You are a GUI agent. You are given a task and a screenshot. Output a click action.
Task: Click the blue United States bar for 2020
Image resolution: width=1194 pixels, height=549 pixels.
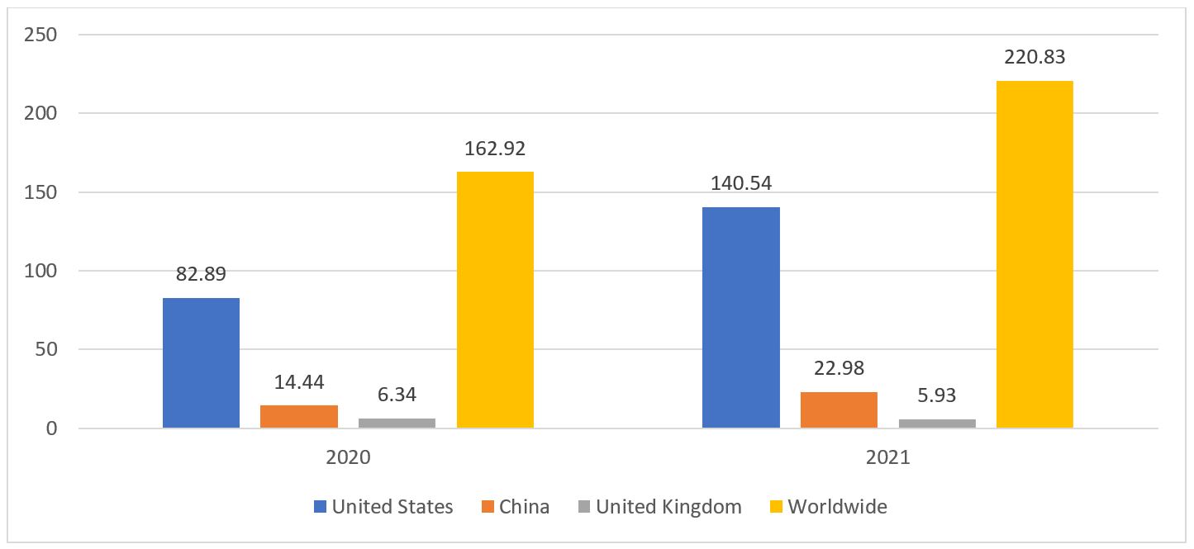point(201,363)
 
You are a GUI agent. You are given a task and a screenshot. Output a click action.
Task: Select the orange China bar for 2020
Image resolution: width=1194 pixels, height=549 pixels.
point(298,417)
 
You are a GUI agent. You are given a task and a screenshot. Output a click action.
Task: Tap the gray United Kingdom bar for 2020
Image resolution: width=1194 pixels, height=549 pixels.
point(397,423)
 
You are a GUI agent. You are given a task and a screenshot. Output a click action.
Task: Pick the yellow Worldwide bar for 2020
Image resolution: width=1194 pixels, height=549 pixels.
point(494,300)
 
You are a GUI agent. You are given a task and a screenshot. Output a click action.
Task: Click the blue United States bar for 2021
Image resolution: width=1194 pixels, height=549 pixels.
point(740,318)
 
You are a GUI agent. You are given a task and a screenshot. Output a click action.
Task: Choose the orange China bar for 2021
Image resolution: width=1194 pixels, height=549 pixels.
point(839,410)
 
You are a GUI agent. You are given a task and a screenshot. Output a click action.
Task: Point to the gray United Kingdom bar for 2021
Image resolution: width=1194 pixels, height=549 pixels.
point(936,424)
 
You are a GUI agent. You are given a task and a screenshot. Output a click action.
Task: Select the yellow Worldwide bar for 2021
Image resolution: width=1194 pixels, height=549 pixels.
point(1034,254)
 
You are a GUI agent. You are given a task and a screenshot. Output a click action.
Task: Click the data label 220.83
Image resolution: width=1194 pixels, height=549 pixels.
point(1035,58)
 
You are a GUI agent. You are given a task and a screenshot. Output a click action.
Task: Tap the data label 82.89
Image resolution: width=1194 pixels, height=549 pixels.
point(201,274)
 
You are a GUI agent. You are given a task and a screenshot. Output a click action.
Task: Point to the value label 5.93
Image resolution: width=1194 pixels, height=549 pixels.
point(936,395)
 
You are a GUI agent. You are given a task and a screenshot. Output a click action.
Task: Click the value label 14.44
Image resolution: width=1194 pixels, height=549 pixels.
point(299,382)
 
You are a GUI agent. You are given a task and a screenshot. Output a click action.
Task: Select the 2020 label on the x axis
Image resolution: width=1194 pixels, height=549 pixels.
point(348,457)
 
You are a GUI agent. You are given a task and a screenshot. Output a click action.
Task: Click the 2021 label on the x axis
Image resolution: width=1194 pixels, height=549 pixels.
point(887,457)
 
